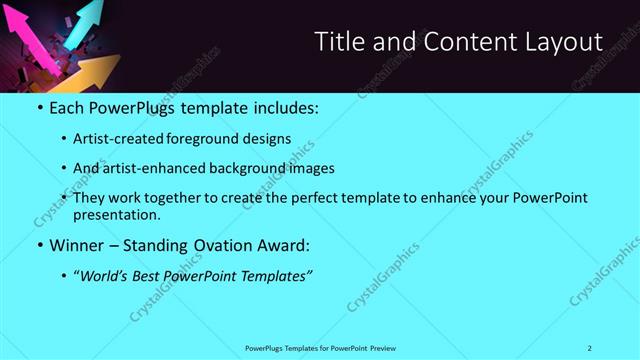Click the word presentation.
116,214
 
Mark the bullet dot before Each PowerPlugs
39,107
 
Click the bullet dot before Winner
39,245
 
